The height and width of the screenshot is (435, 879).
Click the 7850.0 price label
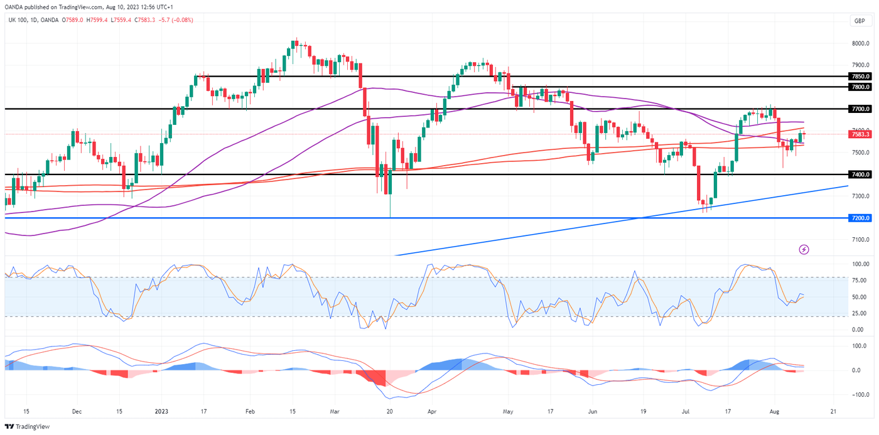(x=860, y=76)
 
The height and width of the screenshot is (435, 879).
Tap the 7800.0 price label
(x=860, y=87)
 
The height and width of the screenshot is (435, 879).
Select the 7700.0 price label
(x=860, y=109)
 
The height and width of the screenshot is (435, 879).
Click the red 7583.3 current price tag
(x=860, y=134)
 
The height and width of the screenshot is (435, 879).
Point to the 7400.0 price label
(x=860, y=174)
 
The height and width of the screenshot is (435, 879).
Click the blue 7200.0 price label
(x=860, y=218)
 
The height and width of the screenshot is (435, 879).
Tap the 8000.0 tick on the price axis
(x=860, y=43)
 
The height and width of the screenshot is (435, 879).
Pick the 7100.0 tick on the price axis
(x=860, y=240)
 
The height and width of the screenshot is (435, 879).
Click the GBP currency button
(x=860, y=21)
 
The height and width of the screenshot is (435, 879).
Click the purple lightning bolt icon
(x=804, y=250)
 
